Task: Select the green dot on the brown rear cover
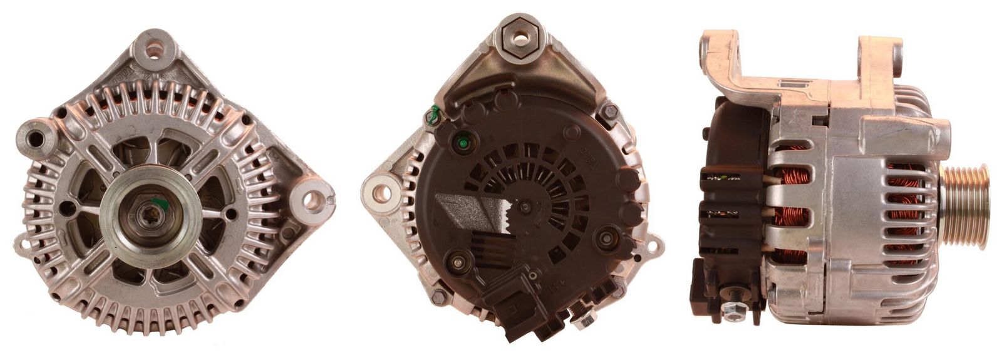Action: (x=463, y=143)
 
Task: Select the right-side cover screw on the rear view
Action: (x=606, y=240)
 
